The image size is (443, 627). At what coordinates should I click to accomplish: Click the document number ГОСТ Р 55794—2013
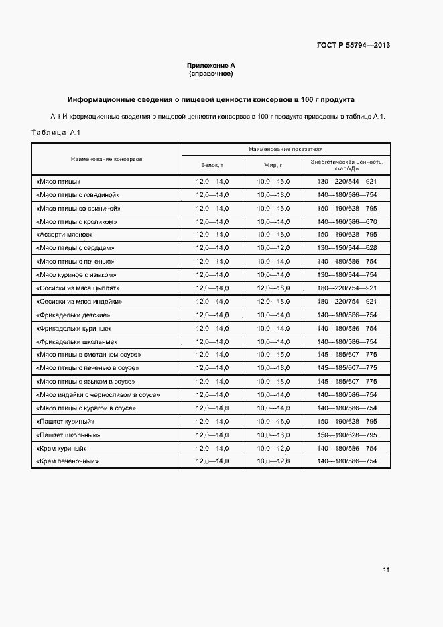[x=353, y=46]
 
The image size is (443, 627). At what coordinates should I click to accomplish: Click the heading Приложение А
[x=210, y=66]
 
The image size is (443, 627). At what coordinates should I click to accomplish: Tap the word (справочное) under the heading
[x=210, y=74]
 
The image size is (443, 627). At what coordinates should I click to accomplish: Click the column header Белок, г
[x=212, y=164]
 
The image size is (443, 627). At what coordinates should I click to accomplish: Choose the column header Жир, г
[x=273, y=164]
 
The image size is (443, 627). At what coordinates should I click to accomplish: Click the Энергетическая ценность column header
[x=346, y=165]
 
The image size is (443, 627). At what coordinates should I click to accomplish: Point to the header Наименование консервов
[x=107, y=159]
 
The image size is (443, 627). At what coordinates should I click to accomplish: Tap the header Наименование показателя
[x=286, y=149]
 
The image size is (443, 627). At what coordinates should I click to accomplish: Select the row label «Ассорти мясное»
[x=64, y=235]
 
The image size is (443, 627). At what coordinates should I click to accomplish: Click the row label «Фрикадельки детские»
[x=72, y=315]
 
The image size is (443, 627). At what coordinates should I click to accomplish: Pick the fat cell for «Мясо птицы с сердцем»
[x=273, y=248]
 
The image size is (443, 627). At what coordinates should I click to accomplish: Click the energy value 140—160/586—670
[x=346, y=221]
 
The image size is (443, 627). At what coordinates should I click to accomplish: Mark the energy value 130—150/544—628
[x=346, y=248]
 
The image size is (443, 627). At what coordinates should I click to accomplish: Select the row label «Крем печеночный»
[x=67, y=461]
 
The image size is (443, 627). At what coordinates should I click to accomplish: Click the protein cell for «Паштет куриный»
[x=212, y=422]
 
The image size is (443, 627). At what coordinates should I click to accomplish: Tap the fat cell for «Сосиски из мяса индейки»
[x=273, y=302]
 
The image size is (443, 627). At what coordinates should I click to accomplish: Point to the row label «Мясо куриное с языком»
[x=76, y=275]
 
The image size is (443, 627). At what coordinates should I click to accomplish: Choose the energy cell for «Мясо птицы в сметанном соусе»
[x=346, y=355]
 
